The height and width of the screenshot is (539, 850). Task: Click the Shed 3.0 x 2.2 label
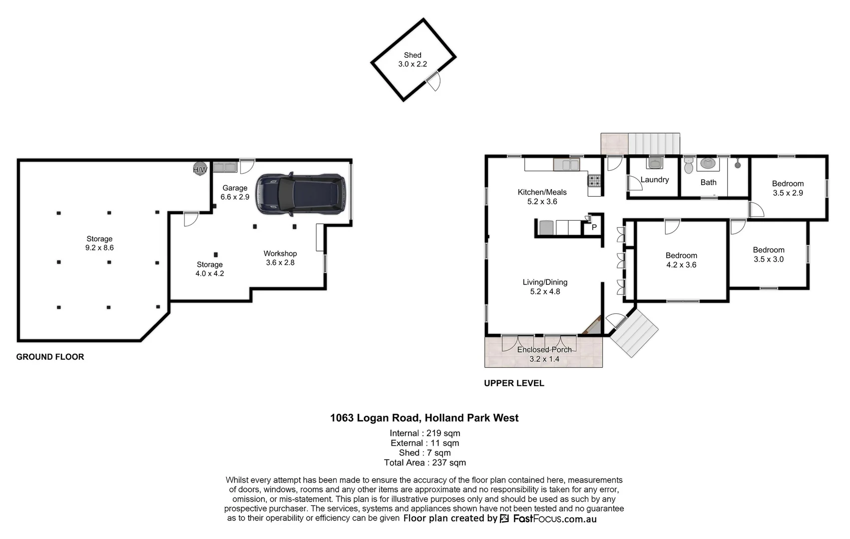tap(413, 59)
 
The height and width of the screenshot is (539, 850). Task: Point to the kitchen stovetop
tap(595, 180)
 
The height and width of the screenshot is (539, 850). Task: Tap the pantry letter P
tap(594, 228)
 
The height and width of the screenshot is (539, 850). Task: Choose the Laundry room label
tap(654, 180)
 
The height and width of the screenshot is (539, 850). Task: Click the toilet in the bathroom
tap(689, 165)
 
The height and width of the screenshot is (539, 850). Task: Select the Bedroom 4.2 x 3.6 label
tap(681, 260)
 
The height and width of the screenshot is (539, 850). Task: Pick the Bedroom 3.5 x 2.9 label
tap(788, 188)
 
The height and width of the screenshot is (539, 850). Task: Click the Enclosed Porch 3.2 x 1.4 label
tap(544, 354)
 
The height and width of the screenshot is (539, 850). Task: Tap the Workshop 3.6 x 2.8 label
tap(280, 258)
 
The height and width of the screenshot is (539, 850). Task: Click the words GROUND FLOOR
tap(50, 357)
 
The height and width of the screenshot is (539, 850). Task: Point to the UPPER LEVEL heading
tap(514, 383)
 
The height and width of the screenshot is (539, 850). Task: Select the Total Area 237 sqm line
tap(425, 463)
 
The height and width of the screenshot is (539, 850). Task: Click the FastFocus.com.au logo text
tap(554, 519)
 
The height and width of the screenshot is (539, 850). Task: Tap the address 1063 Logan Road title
tap(424, 418)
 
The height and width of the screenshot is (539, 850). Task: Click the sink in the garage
tap(225, 167)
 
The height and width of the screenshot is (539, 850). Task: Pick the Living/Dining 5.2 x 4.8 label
tap(545, 287)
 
